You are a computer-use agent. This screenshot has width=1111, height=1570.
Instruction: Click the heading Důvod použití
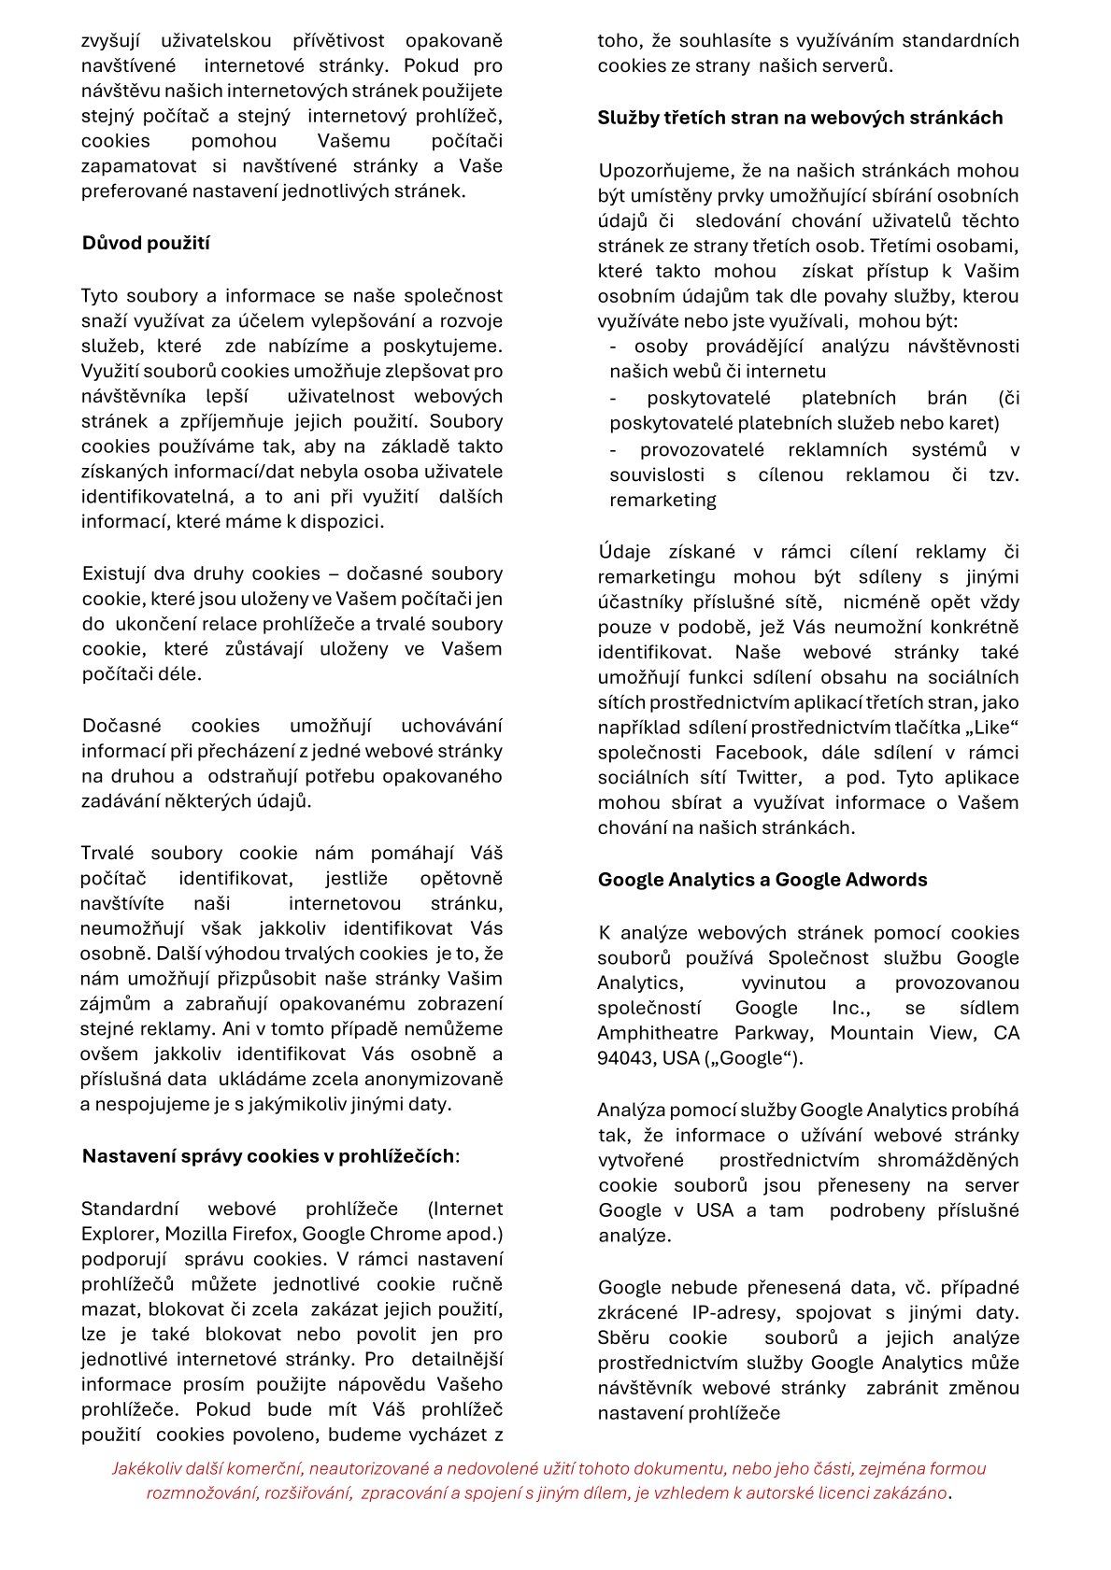(146, 244)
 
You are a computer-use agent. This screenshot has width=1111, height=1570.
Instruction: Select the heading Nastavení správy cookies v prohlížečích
(269, 1156)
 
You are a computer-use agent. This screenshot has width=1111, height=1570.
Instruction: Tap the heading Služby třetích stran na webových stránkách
(800, 118)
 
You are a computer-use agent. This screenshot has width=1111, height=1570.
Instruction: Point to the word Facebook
(759, 753)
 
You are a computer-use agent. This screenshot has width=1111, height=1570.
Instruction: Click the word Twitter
(768, 778)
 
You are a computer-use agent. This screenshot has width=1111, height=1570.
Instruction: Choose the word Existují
(114, 573)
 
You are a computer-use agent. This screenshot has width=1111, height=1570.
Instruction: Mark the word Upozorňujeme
(665, 171)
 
